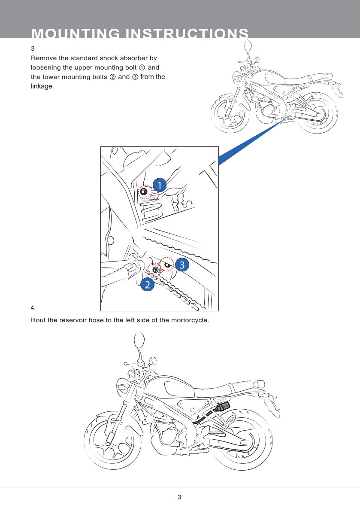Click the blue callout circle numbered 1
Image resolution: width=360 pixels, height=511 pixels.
(x=160, y=186)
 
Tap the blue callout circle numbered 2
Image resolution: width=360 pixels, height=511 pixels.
(x=148, y=285)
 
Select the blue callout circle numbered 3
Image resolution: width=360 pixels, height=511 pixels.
(x=182, y=265)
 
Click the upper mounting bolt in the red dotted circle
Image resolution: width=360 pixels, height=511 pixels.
(x=144, y=192)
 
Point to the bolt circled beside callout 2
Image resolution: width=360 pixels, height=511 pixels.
(x=155, y=270)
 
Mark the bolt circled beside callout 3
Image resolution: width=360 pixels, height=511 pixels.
(x=168, y=265)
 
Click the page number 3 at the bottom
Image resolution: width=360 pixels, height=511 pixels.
(x=179, y=497)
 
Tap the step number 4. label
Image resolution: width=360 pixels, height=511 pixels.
(x=33, y=307)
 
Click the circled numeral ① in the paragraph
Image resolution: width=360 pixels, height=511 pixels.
(x=142, y=68)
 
